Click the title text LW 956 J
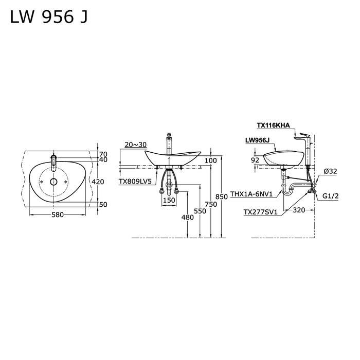[49, 17]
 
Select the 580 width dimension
[57, 215]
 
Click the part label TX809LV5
[135, 182]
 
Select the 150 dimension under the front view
[169, 200]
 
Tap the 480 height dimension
[188, 217]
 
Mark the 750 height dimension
[211, 204]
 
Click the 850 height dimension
[222, 196]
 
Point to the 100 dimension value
[210, 160]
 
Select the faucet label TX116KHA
[274, 125]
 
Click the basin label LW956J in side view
[259, 140]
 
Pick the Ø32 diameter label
[330, 171]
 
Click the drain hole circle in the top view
[53, 182]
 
